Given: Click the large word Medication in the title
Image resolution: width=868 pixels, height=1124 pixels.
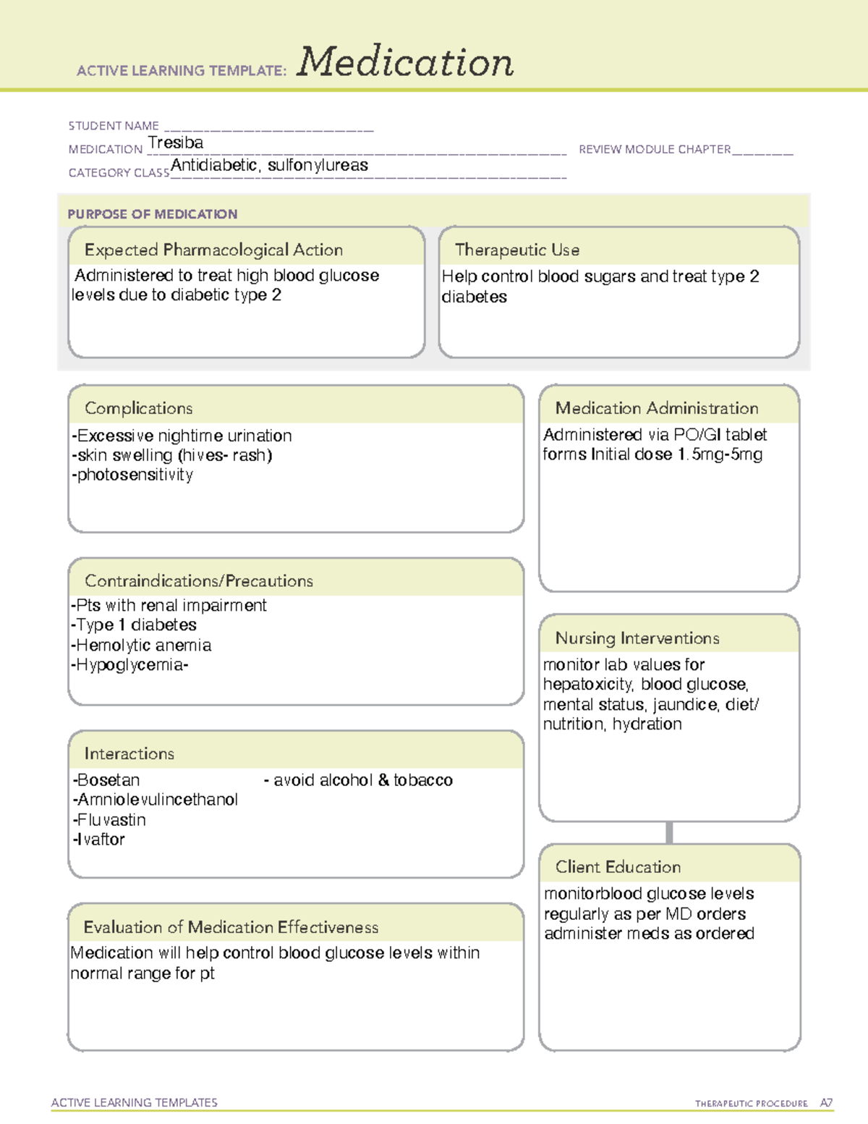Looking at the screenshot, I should pos(405,62).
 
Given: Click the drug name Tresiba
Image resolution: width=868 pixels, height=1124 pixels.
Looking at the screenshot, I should pos(176,143).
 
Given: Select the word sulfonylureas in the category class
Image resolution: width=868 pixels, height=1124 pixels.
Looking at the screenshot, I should pos(318,166).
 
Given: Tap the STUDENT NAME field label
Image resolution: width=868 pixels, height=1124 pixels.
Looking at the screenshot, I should pos(114,126).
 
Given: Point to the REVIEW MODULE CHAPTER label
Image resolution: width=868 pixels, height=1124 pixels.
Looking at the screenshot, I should pos(655,149).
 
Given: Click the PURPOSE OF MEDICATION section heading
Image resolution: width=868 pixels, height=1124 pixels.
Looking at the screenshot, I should pos(152,214).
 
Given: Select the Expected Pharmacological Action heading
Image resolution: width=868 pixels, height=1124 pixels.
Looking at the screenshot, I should pos(213,250).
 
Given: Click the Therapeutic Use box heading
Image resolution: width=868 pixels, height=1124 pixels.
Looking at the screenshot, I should pos(517,250).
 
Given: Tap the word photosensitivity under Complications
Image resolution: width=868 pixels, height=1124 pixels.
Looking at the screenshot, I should pos(135,475).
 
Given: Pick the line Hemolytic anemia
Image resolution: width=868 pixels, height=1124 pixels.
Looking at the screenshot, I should pos(142,645).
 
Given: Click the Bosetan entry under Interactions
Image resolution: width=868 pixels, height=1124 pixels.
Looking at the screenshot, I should pos(107,780).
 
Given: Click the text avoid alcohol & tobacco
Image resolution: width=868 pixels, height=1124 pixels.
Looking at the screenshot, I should pos(362,780).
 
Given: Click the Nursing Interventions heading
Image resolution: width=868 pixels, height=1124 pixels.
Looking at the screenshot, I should pos(637,638).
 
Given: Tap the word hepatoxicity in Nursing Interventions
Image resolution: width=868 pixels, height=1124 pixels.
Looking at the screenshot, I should pos(588,685).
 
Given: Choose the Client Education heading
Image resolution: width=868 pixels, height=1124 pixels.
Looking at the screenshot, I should pos(618,867).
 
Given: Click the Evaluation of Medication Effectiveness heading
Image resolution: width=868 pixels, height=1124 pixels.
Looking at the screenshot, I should pos(231,927).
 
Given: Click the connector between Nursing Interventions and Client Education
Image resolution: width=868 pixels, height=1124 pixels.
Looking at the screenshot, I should pos(669,832).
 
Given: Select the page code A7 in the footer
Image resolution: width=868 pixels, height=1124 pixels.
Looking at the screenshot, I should pos(826,1103).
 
